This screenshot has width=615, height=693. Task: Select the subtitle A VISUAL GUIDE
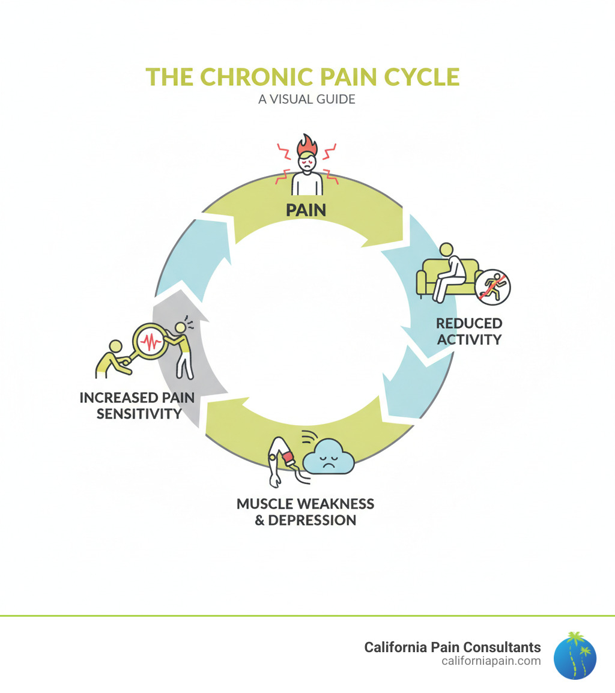tap(307, 98)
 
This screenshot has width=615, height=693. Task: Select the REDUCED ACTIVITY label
tap(468, 331)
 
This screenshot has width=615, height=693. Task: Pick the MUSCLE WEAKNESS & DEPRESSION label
tap(305, 512)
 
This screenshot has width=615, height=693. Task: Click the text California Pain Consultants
tap(452, 647)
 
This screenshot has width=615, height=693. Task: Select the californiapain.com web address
tap(490, 661)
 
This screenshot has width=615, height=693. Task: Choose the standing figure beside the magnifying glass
tap(183, 348)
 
